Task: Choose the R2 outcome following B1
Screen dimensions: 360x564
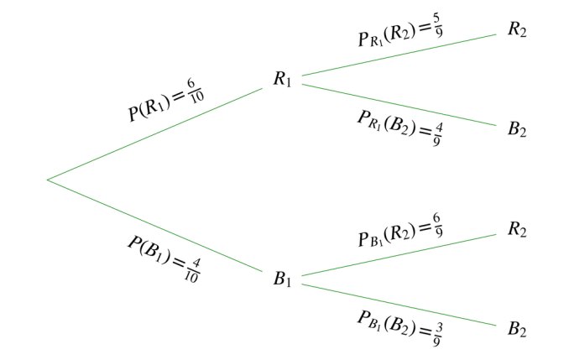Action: point(517,228)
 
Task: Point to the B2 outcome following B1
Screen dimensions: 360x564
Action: point(517,329)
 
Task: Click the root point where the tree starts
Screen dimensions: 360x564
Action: point(47,179)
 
